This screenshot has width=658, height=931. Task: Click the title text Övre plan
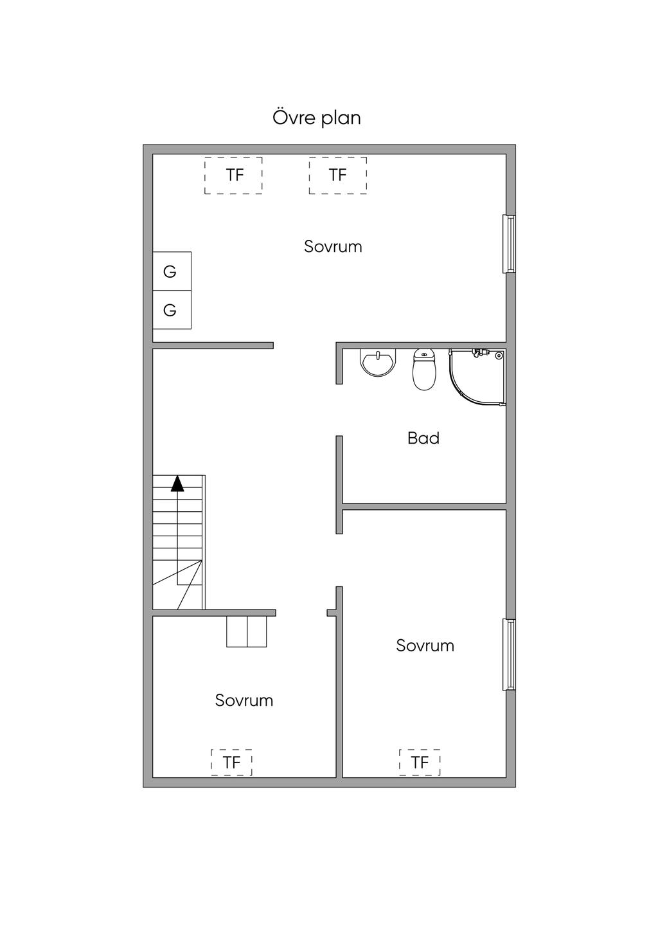coord(317,118)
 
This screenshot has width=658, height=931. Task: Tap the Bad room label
coord(423,438)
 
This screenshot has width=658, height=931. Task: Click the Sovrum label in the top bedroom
coord(333,247)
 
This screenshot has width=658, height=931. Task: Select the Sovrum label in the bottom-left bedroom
coord(244,700)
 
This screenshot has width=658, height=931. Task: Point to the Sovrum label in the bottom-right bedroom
coord(425,646)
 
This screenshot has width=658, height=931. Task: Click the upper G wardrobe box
coord(172,271)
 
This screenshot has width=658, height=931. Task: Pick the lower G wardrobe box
coord(172,310)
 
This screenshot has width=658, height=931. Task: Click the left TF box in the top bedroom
coord(234,175)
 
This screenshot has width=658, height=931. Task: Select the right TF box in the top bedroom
coord(338,175)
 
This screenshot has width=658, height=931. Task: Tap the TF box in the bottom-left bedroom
coord(231,763)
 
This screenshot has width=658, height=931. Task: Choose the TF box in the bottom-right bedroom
coord(420,763)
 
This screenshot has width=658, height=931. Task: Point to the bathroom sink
coord(377,362)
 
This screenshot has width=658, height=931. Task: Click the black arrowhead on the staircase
coord(177,484)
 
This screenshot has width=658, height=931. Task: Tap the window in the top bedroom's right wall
coord(509,244)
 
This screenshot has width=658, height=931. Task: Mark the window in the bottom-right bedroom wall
coord(509,655)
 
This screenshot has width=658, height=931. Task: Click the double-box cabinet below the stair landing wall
coord(247,631)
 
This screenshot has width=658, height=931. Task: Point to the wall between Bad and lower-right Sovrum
coord(424,507)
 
